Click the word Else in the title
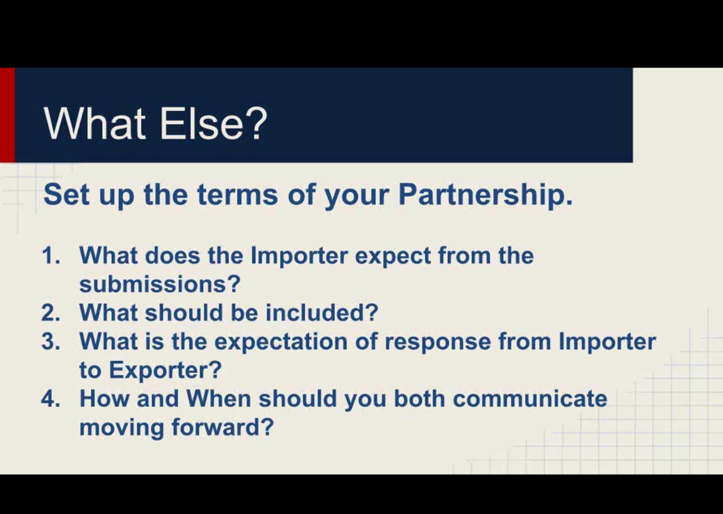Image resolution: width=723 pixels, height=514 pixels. coord(202,124)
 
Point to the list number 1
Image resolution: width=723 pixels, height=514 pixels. coord(51,255)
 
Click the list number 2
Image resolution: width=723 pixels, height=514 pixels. coord(51,313)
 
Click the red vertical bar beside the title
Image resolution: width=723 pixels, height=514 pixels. coord(7,115)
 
